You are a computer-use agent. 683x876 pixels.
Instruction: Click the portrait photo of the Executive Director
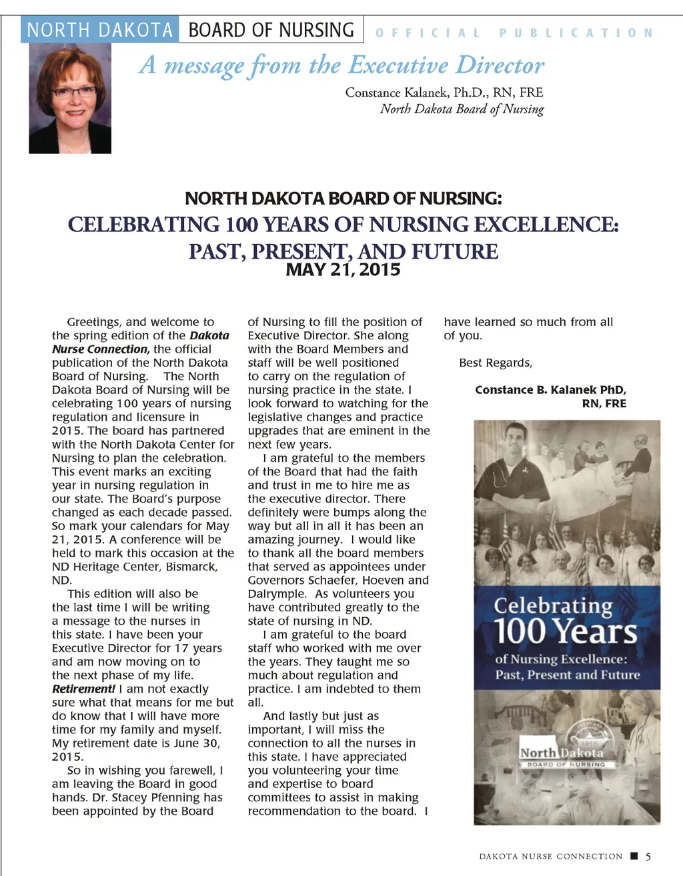click(x=70, y=98)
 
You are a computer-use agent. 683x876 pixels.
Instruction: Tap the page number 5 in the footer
click(x=648, y=856)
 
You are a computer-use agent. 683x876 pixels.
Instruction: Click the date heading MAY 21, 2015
click(x=343, y=270)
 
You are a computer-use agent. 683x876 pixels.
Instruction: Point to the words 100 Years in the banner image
click(x=566, y=631)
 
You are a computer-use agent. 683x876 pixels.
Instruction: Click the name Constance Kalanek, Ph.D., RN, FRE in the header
click(x=444, y=92)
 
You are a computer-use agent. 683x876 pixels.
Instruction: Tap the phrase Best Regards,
click(x=496, y=363)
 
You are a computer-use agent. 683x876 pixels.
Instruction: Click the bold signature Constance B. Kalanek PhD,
click(x=550, y=390)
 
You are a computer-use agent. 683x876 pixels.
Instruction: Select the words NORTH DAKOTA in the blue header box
click(x=100, y=30)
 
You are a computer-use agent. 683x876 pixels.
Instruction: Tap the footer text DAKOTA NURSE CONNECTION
click(x=550, y=856)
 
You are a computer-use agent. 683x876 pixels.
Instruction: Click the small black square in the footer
click(x=634, y=856)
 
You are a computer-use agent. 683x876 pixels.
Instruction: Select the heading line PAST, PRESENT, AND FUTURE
click(x=343, y=251)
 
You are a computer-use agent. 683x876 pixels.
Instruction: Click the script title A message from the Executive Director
click(x=341, y=65)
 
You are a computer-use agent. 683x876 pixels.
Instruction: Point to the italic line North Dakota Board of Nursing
click(x=462, y=109)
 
